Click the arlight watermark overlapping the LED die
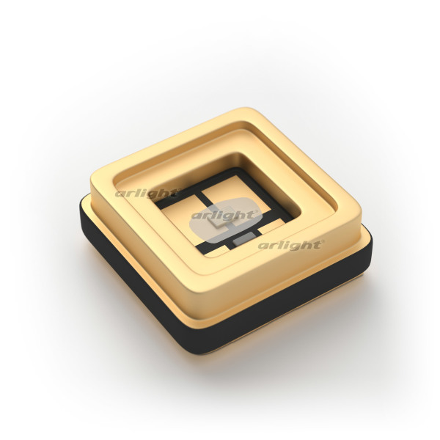[x=224, y=215]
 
